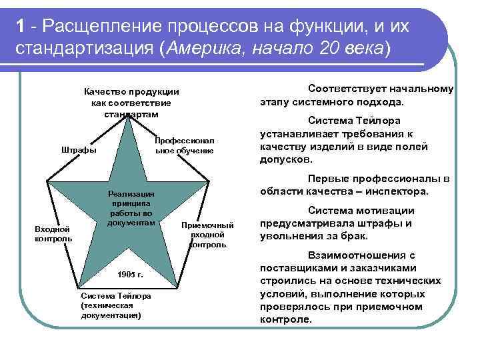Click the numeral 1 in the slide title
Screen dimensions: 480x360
(22, 26)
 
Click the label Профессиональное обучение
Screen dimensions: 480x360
(184, 146)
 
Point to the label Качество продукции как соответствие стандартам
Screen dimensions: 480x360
(131, 103)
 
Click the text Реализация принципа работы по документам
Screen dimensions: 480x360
(131, 207)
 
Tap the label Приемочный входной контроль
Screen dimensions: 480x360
(207, 235)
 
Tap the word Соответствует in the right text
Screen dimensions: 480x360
(345, 89)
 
